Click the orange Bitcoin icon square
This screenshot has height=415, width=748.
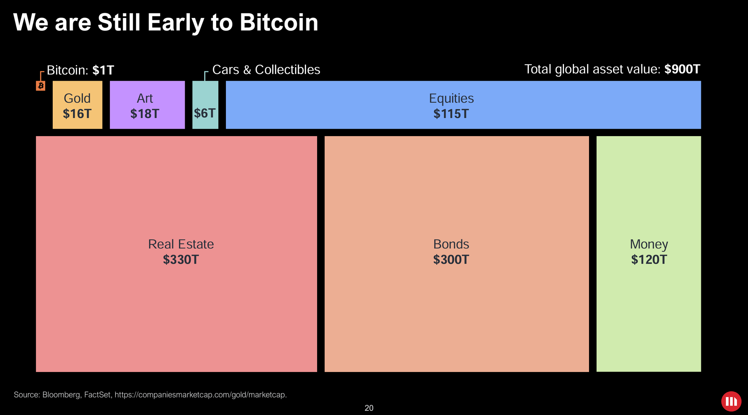pyautogui.click(x=40, y=86)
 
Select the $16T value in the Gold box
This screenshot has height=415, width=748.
pyautogui.click(x=77, y=114)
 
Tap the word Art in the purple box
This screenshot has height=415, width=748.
pyautogui.click(x=145, y=98)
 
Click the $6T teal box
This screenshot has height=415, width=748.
pyautogui.click(x=205, y=113)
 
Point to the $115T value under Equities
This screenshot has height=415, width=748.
pyautogui.click(x=451, y=114)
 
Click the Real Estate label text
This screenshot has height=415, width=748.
pyautogui.click(x=181, y=244)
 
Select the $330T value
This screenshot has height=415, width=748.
pyautogui.click(x=181, y=259)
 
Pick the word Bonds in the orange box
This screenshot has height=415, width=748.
pyautogui.click(x=451, y=244)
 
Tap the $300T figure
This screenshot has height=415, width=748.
pyautogui.click(x=451, y=259)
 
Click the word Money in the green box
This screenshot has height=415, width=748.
pyautogui.click(x=649, y=244)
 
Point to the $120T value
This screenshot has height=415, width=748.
pyautogui.click(x=649, y=259)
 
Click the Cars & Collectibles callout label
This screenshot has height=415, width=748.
pyautogui.click(x=266, y=70)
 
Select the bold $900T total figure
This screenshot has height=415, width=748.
pyautogui.click(x=682, y=69)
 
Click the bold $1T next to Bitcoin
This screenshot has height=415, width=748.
pyautogui.click(x=103, y=70)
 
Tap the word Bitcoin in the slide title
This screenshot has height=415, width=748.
pyautogui.click(x=279, y=22)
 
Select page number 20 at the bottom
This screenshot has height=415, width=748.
pyautogui.click(x=369, y=408)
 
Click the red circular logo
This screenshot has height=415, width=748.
pyautogui.click(x=731, y=402)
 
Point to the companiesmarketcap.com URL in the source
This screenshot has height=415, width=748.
pyautogui.click(x=200, y=395)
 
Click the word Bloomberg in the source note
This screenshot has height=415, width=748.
pyautogui.click(x=61, y=395)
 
